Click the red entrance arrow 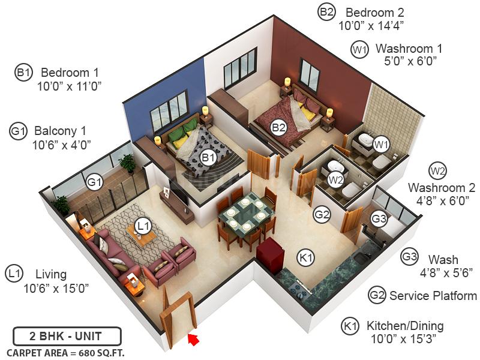pos(194,340)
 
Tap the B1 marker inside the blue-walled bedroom pos(208,158)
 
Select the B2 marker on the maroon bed pos(278,127)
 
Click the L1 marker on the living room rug pos(142,226)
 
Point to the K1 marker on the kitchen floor pos(307,258)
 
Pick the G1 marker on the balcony pos(94,181)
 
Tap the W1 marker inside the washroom pos(380,144)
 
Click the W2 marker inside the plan pos(335,179)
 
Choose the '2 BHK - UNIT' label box pos(67,335)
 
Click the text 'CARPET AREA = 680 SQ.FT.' pos(65,352)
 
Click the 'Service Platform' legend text pos(433,296)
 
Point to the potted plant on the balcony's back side pos(127,162)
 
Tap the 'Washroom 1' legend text pos(409,49)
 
